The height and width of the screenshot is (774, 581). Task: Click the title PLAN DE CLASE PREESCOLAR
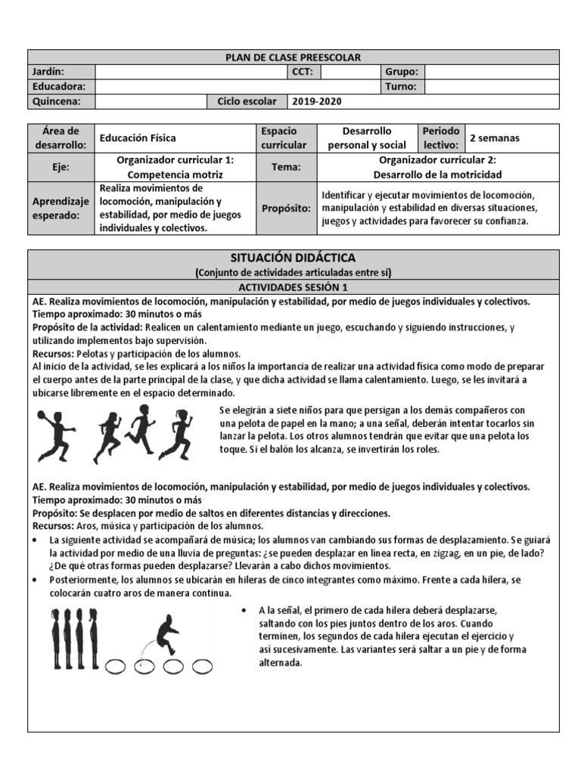294,57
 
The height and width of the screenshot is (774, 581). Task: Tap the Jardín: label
48,72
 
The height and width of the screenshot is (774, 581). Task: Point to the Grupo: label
402,72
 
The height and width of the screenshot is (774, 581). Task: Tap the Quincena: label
52,101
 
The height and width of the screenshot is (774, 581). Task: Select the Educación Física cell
138,138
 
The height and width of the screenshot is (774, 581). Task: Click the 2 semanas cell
495,138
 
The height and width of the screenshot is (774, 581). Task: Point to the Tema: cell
285,167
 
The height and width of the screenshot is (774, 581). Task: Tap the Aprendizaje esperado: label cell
61,208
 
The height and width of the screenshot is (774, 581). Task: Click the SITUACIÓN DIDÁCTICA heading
294,259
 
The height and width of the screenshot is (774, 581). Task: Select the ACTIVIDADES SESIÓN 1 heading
294,287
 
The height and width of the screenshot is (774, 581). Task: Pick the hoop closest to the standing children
116,666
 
